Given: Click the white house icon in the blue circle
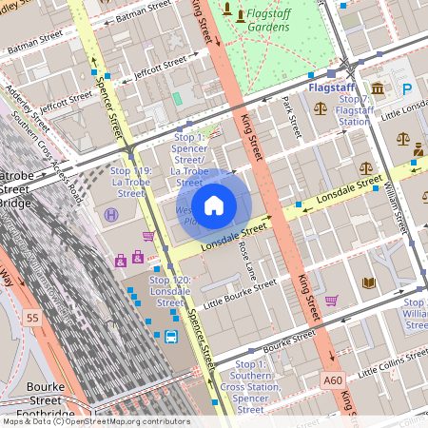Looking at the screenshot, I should (x=214, y=204).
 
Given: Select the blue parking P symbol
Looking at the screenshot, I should (x=407, y=89).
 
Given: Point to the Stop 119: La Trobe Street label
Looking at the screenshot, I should (x=130, y=182).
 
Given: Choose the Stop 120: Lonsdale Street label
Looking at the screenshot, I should (x=170, y=291).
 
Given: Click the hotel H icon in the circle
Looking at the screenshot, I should (x=112, y=216).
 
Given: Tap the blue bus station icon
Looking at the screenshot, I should (x=171, y=337).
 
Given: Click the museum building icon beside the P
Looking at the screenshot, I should (x=379, y=89).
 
